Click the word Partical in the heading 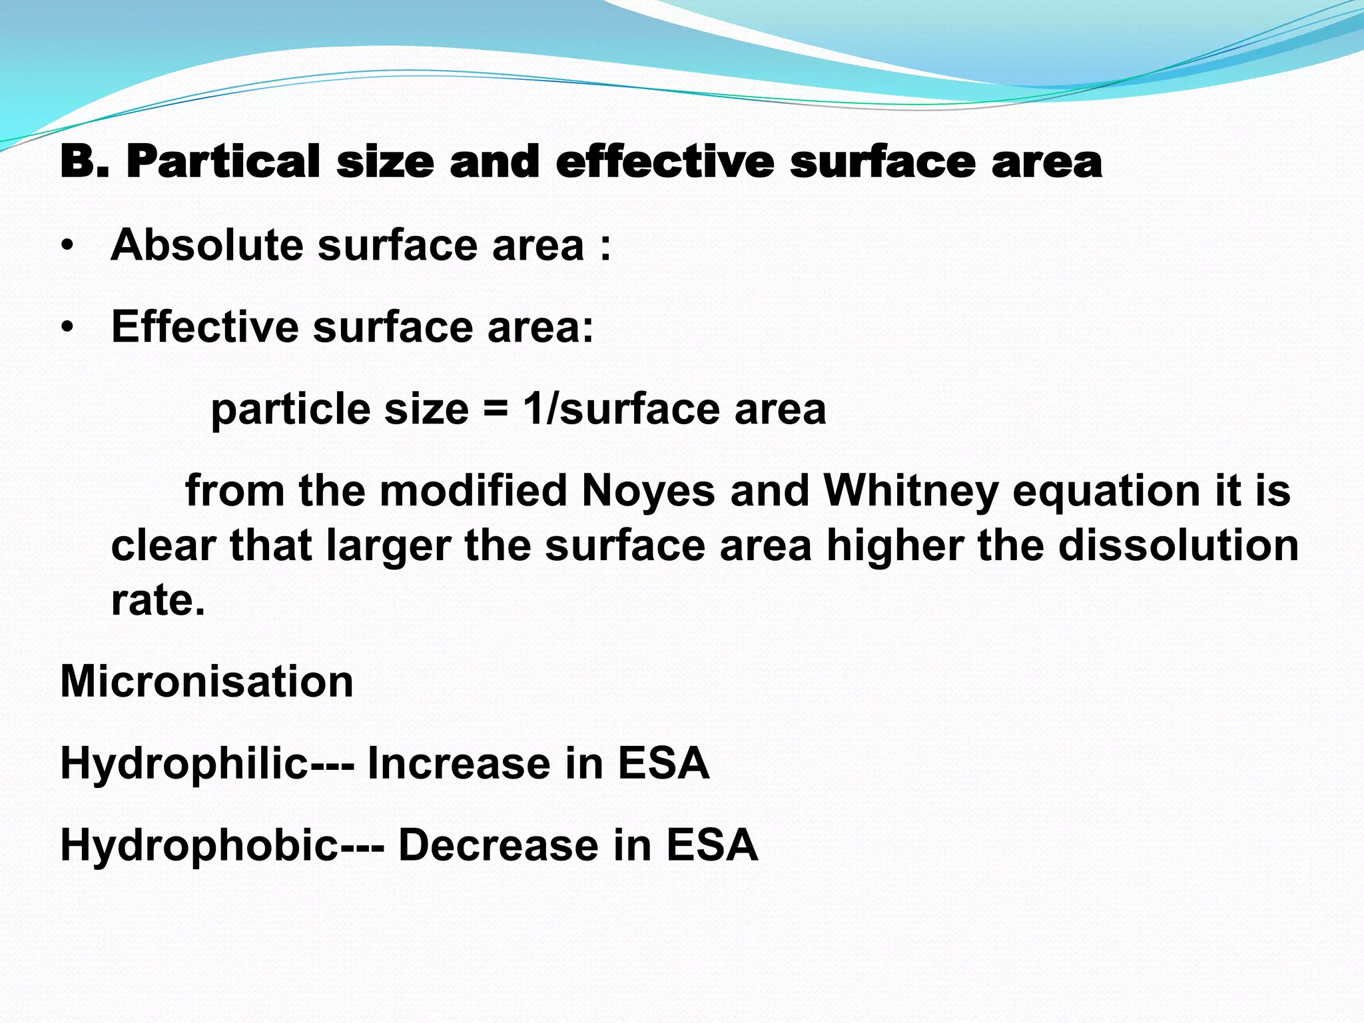click(223, 162)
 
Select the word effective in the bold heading click(665, 162)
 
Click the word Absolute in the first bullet click(207, 245)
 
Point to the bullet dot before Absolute click(67, 247)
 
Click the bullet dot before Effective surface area click(67, 328)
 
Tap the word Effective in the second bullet click(205, 327)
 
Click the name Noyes click(649, 492)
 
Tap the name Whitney click(910, 492)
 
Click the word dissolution click(1178, 545)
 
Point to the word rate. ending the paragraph click(158, 601)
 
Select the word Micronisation click(206, 681)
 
